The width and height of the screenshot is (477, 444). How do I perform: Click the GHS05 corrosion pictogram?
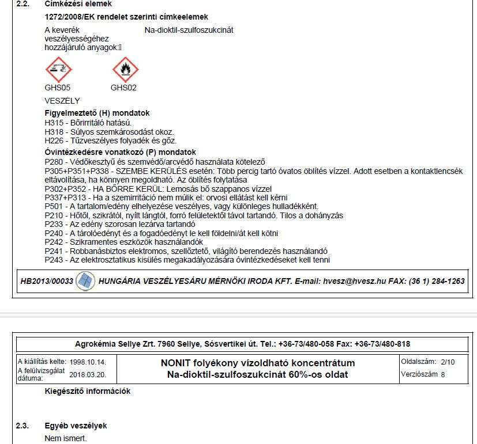point(58,70)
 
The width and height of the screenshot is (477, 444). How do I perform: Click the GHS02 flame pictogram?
point(125,70)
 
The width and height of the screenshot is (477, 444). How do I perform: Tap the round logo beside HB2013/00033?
point(85,281)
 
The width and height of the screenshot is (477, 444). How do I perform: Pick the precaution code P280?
point(54,162)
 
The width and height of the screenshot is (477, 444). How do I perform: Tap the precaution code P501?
point(54,207)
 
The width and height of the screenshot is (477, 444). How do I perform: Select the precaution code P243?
point(54,260)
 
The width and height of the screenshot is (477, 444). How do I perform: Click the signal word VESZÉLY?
point(62,101)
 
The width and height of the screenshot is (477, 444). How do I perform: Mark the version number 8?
point(444,374)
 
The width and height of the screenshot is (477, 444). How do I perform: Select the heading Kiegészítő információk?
point(88,392)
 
